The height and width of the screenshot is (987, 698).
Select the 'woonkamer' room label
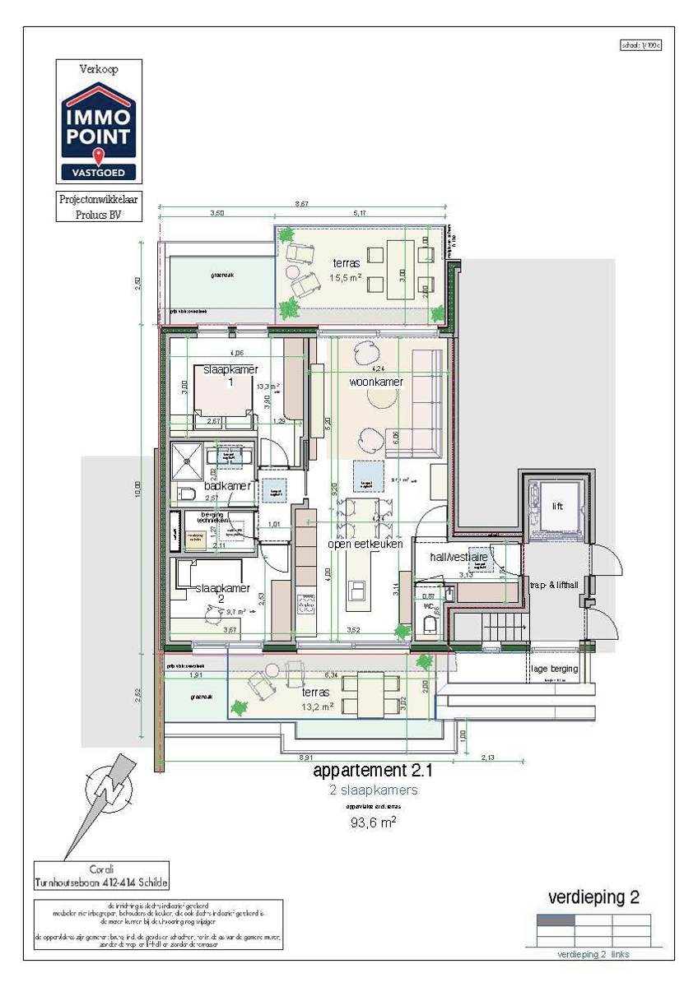tap(375, 382)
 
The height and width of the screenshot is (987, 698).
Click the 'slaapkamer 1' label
tap(224, 376)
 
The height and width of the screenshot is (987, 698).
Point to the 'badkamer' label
tap(227, 486)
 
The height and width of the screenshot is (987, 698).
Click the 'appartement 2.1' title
tap(372, 772)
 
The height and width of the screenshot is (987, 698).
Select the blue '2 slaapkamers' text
tap(373, 790)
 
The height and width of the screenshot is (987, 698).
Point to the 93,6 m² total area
tap(373, 822)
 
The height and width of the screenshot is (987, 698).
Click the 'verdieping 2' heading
tap(593, 897)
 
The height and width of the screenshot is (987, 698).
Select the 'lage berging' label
tap(554, 669)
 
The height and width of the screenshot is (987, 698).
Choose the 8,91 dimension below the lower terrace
tap(306, 756)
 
